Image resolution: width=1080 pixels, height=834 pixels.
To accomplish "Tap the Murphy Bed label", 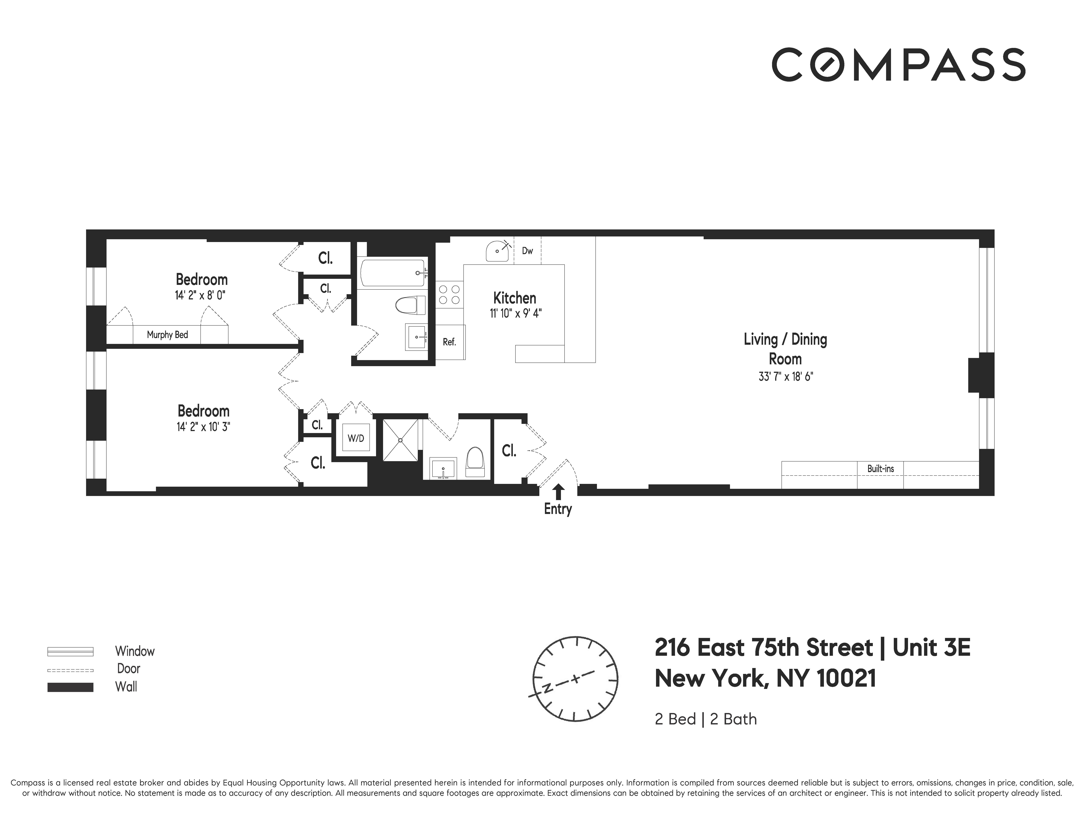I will coord(167,335).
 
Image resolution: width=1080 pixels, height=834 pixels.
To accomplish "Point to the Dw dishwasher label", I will coord(527,251).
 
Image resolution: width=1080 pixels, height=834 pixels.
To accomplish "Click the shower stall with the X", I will coord(401,439).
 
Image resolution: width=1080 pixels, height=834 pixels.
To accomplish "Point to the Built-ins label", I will coord(880,468).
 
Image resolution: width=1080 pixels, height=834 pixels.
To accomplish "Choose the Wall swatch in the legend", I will coord(70,687).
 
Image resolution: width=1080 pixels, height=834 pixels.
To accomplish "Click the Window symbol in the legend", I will coord(70,651).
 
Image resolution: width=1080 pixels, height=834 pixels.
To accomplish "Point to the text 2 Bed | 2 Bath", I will coord(705,719).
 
